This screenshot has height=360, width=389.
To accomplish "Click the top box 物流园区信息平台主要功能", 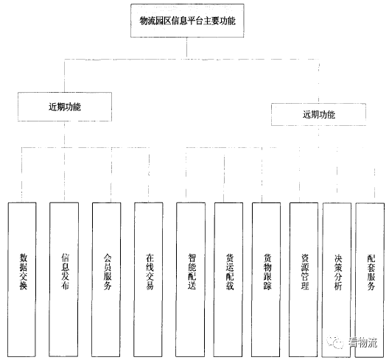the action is [x=187, y=21].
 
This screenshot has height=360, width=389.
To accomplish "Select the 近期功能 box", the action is [x=65, y=107].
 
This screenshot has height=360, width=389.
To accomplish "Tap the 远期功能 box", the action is [x=318, y=114].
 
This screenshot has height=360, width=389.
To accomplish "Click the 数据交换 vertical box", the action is [x=22, y=280].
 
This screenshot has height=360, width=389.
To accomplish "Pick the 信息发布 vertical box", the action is [x=64, y=280].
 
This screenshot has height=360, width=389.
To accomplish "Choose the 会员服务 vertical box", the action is [x=106, y=280].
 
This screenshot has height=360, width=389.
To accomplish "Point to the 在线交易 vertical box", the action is [x=148, y=280].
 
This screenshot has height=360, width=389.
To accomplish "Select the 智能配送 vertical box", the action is [x=191, y=280].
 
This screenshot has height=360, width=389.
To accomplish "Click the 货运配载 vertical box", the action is [x=228, y=280].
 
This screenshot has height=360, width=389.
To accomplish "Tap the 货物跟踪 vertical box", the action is [x=266, y=280].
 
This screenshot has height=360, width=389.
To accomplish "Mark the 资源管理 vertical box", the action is [x=304, y=280].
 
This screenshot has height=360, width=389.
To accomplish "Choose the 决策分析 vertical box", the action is [x=337, y=280].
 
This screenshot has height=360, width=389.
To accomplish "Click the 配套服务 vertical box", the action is [x=370, y=280].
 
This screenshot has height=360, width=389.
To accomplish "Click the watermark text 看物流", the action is [x=362, y=342].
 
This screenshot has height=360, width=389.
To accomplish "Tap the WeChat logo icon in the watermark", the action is [x=335, y=342].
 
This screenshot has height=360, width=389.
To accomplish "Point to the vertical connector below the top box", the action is [x=186, y=48].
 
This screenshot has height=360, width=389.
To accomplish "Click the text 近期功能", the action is [x=65, y=107].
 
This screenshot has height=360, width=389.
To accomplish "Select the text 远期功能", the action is [x=319, y=114].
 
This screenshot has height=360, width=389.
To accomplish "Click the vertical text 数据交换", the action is [x=23, y=271].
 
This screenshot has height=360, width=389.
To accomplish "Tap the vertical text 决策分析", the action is [x=338, y=272].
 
